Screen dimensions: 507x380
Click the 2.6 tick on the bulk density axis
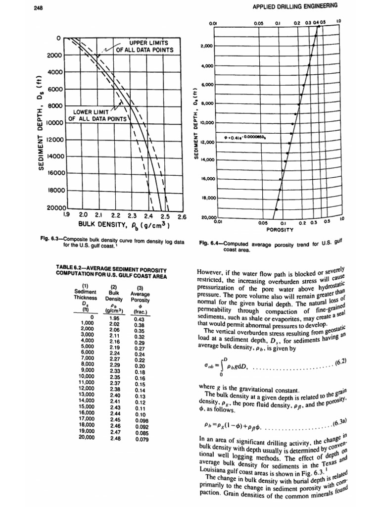click(181, 216)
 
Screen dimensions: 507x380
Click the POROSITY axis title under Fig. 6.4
click(280, 229)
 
